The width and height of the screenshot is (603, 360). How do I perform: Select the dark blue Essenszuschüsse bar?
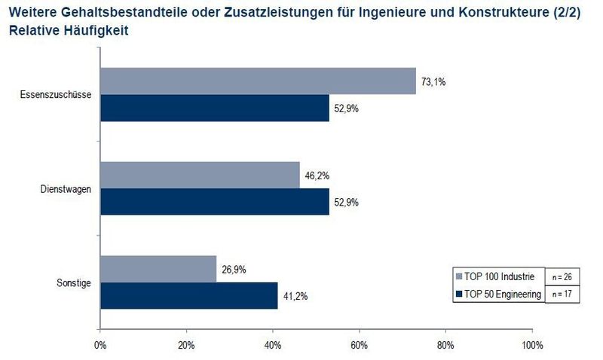click(214, 108)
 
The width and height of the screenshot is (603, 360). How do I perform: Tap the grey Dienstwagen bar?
click(200, 175)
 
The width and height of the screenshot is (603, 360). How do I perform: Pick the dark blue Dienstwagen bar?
click(214, 202)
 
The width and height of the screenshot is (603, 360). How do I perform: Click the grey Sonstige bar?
click(158, 269)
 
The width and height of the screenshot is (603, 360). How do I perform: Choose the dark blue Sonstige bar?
click(189, 295)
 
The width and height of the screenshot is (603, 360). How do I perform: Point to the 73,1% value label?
click(433, 81)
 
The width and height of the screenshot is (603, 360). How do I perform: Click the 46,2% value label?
click(317, 175)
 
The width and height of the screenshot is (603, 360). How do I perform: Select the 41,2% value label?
click(295, 296)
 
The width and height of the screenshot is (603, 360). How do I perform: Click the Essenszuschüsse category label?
click(55, 95)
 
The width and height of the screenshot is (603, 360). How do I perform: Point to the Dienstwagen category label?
click(66, 189)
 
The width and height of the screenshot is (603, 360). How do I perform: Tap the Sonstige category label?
click(74, 282)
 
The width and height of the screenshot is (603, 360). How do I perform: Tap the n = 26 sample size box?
click(561, 276)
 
